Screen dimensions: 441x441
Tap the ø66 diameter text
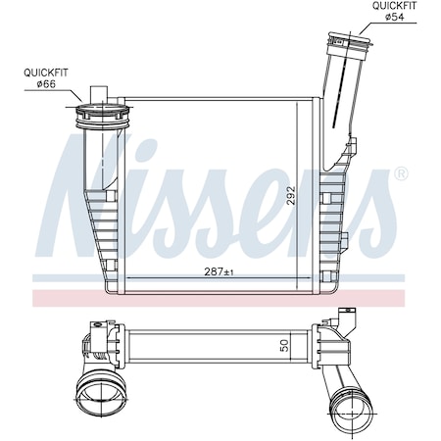pos(46,82)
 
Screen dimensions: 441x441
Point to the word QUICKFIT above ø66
pos(46,71)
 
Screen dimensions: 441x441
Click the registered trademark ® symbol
pos(400,174)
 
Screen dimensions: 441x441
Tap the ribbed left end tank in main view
pos(98,230)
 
